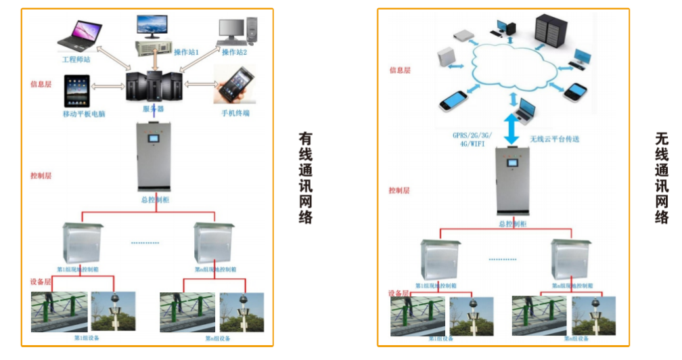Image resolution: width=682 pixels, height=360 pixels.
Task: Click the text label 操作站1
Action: click(x=187, y=51)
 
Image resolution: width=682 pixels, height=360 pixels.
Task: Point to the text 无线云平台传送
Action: click(x=555, y=138)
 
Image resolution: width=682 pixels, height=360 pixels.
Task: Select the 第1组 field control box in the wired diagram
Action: click(x=81, y=243)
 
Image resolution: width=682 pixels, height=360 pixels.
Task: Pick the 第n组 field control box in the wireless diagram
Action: click(x=572, y=259)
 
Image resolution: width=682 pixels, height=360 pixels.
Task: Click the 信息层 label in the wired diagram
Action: click(x=41, y=85)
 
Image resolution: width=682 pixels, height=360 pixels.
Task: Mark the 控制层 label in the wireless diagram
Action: click(x=399, y=190)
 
